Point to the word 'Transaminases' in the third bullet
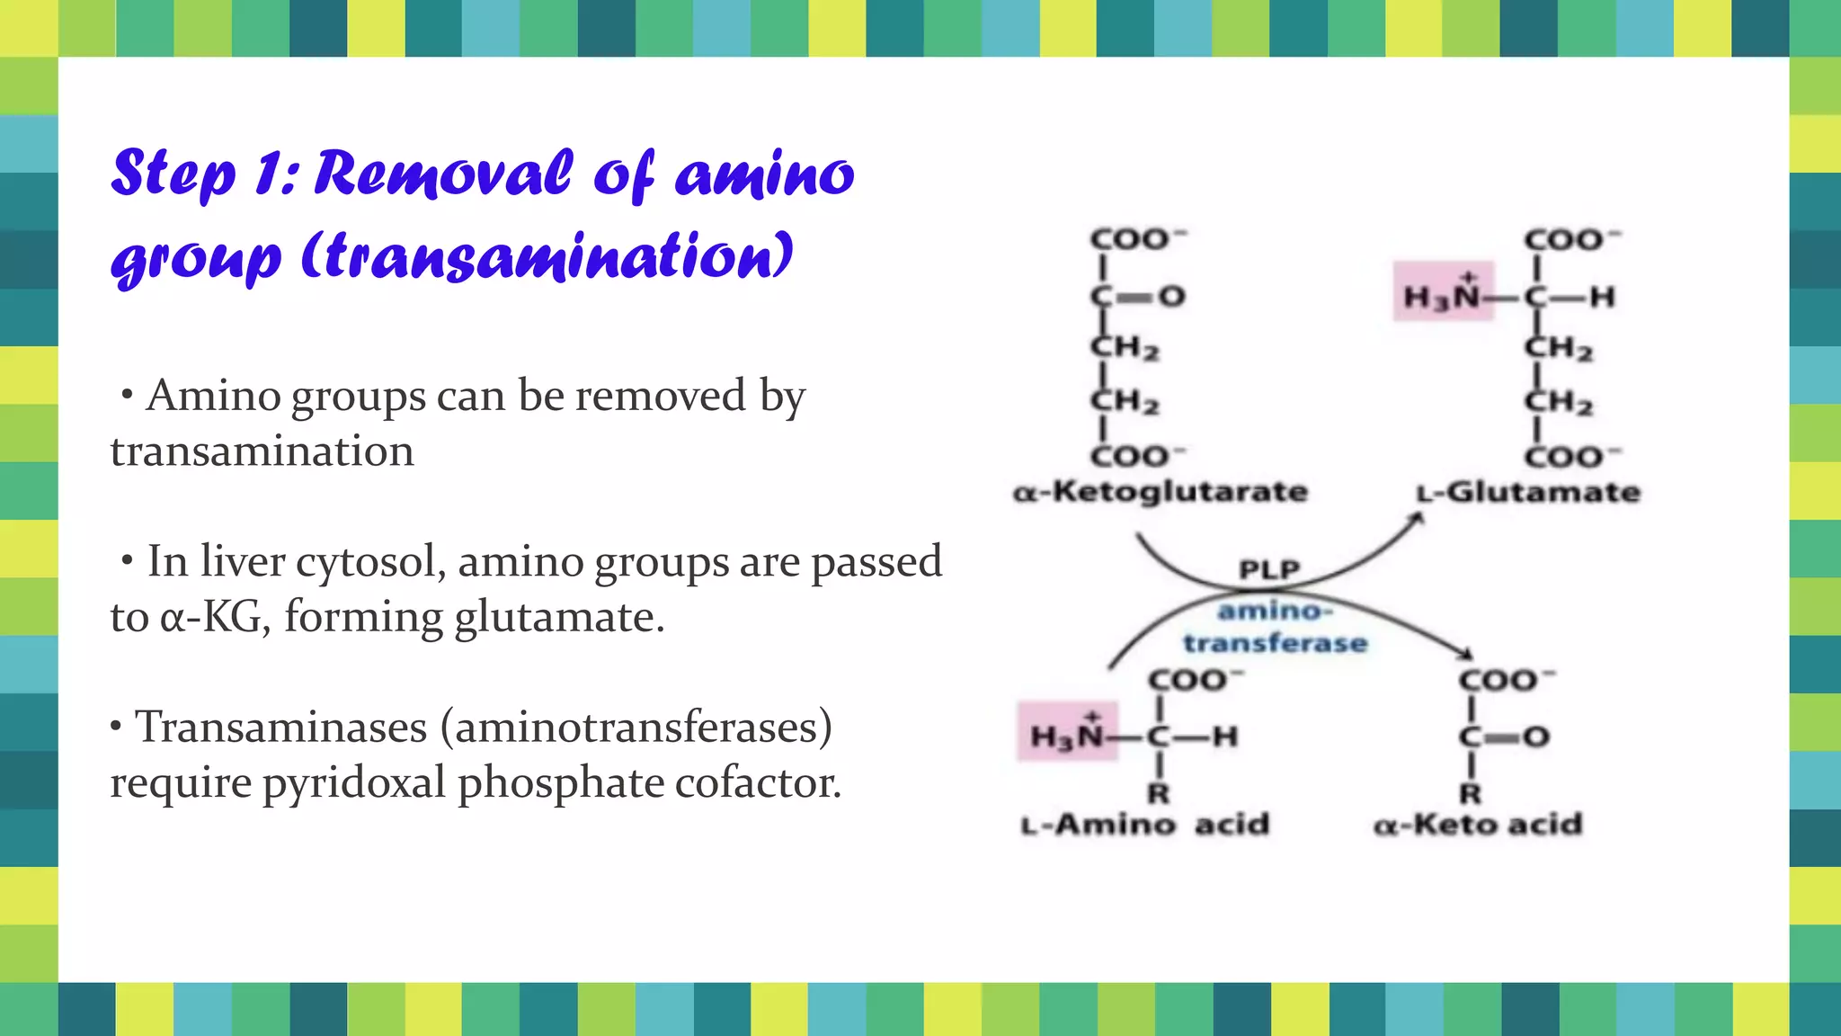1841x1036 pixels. tap(280, 727)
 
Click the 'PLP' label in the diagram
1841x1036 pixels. tap(1269, 569)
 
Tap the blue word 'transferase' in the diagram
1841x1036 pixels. tap(1275, 643)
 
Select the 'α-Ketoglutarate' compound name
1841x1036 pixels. tap(1160, 492)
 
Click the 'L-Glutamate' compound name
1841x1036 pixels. tap(1528, 492)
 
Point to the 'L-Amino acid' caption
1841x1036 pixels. tap(1144, 824)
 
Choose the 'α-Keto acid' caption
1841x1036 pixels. tap(1478, 824)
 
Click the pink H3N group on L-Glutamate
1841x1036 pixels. tap(1443, 293)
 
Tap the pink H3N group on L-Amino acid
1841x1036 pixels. tap(1067, 734)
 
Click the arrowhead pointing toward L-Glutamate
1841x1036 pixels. tap(1417, 519)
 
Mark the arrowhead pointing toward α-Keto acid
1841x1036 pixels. tap(1465, 654)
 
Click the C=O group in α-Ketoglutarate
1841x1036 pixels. tap(1138, 296)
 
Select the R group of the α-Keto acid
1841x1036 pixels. tap(1471, 793)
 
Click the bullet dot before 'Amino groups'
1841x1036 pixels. tap(128, 395)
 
